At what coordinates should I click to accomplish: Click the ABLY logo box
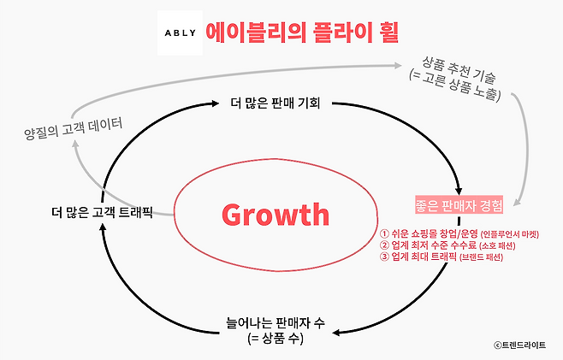(x=181, y=33)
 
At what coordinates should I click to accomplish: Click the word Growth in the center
(x=276, y=213)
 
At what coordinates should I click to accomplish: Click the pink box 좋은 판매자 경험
(x=457, y=204)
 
